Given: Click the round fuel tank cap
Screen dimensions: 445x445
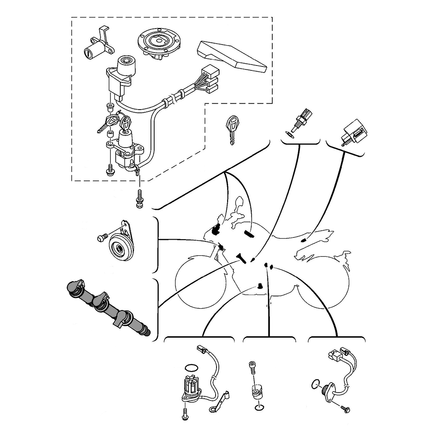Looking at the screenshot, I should (159, 43).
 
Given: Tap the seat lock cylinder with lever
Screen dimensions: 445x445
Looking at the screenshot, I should (94, 47).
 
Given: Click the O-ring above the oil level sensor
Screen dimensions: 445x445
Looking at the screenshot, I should (190, 368).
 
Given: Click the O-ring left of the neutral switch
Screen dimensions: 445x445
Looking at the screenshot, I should (315, 382).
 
